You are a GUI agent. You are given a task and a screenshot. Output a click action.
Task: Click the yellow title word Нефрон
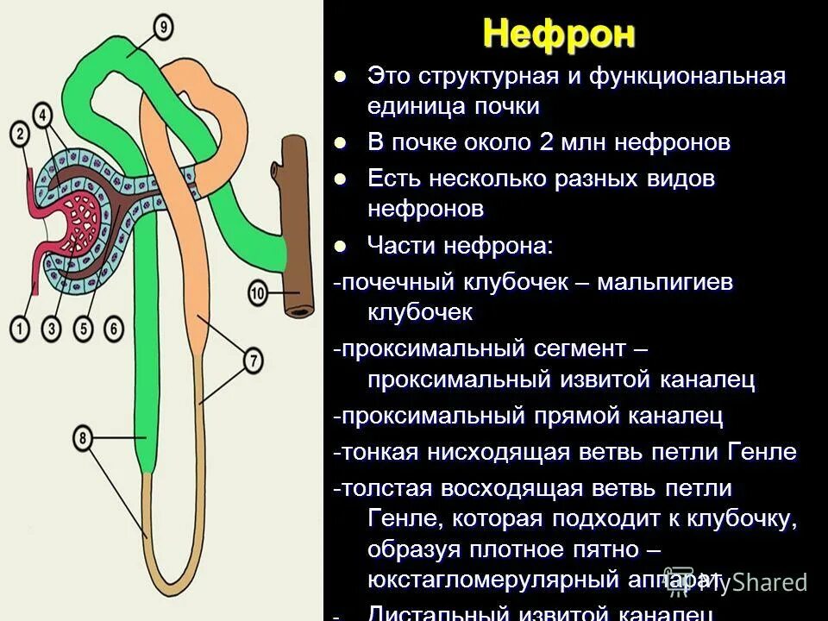(559, 34)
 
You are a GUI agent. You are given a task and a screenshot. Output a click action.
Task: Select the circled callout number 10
(258, 294)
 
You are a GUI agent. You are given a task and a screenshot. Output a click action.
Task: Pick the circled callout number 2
(19, 134)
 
